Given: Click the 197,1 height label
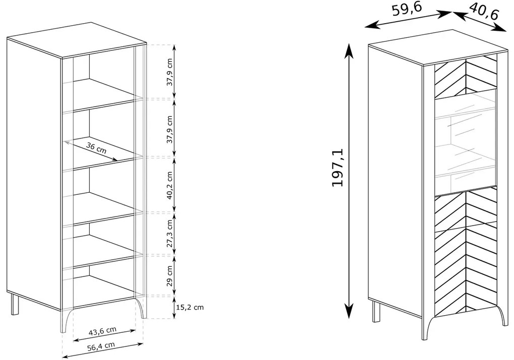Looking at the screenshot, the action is pyautogui.click(x=338, y=167).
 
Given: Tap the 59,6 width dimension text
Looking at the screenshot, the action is pyautogui.click(x=407, y=10).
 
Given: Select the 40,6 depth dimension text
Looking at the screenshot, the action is pyautogui.click(x=484, y=12).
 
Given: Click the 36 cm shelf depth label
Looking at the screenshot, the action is pyautogui.click(x=96, y=148).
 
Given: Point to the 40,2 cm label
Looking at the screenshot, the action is pyautogui.click(x=169, y=185).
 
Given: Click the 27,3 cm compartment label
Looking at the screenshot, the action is pyautogui.click(x=169, y=234).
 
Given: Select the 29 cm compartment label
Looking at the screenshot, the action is pyautogui.click(x=169, y=276).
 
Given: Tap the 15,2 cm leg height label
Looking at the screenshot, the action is pyautogui.click(x=190, y=307).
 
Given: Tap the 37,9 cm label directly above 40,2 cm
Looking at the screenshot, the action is pyautogui.click(x=169, y=129).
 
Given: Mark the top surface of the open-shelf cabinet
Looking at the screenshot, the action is pyautogui.click(x=77, y=40).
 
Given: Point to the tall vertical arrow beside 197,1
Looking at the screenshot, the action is pyautogui.click(x=349, y=181).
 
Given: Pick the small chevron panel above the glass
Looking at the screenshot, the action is pyautogui.click(x=466, y=77).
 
